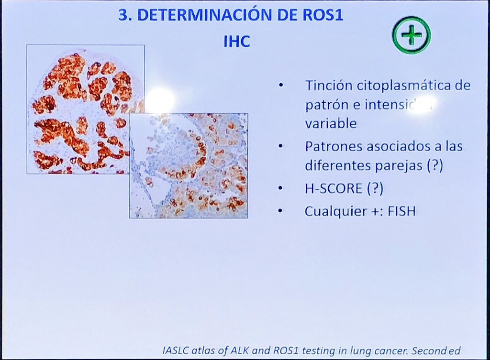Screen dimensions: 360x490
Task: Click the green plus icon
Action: pyautogui.click(x=412, y=35)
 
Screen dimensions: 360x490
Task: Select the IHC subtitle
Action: pyautogui.click(x=236, y=42)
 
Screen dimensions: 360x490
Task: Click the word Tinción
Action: pyautogui.click(x=329, y=86)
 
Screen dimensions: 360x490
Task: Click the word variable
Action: pyautogui.click(x=331, y=123)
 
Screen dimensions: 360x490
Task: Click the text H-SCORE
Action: pyautogui.click(x=334, y=188)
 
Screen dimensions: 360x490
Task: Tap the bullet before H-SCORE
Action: pyautogui.click(x=281, y=188)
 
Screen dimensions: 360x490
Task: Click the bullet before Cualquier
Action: pyautogui.click(x=281, y=210)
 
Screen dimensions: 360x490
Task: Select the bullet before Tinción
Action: pyautogui.click(x=281, y=86)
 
